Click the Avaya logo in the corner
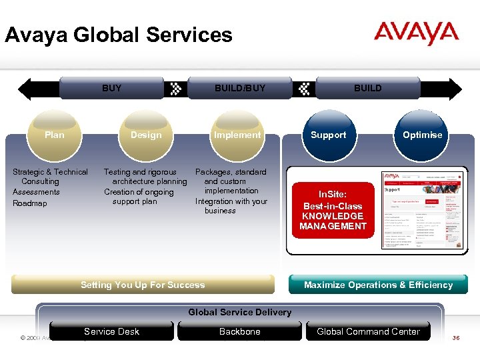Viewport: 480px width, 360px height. coord(416,33)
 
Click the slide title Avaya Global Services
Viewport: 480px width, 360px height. coord(119,35)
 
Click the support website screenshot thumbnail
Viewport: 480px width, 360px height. coord(421,210)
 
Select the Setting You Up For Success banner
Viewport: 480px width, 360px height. coord(143,285)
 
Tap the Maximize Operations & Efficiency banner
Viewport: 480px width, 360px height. coord(378,285)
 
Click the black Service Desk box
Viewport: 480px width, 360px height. coord(111,331)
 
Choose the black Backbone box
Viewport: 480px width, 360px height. coord(240,331)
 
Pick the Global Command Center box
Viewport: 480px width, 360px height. coord(368,331)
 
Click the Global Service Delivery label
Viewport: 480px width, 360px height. coord(240,312)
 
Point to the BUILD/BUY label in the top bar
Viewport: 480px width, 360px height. coord(240,88)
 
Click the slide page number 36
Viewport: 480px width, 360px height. coord(456,338)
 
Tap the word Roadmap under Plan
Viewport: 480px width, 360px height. coord(30,203)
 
